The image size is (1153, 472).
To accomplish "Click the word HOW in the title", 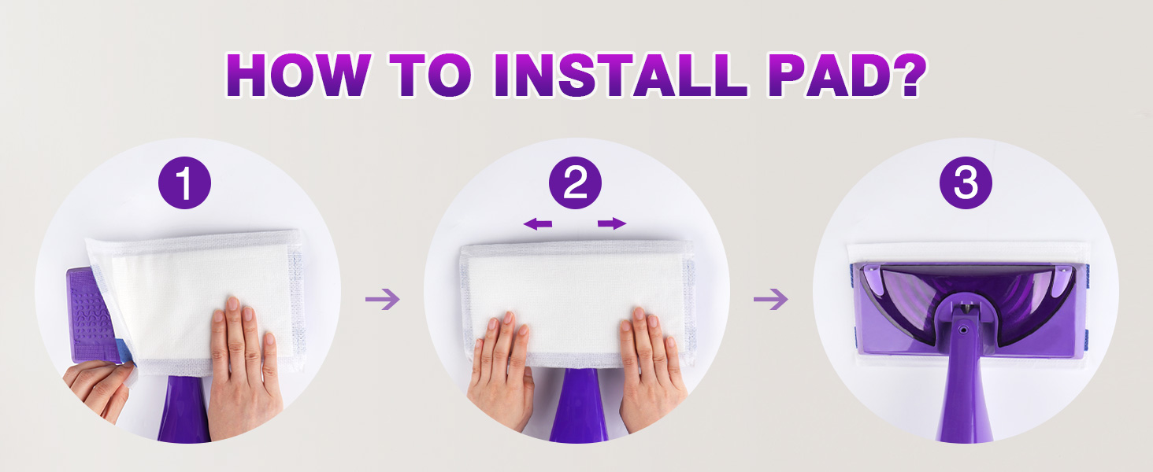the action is (x=298, y=76).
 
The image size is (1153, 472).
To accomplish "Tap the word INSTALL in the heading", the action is (x=621, y=76).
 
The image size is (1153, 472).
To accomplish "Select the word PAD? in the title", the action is (x=847, y=75).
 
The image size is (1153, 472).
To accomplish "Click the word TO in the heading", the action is (x=430, y=76).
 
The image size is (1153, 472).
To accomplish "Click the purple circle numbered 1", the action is (x=184, y=183).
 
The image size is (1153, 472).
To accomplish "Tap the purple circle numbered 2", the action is (x=575, y=183).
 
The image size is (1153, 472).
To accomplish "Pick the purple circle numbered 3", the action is (x=966, y=183).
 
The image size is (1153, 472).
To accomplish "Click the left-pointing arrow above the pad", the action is (x=537, y=223).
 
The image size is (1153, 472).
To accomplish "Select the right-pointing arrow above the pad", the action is (x=612, y=223).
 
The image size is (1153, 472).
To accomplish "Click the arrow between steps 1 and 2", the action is (x=383, y=299).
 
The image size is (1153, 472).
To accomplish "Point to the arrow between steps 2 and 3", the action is (x=770, y=299).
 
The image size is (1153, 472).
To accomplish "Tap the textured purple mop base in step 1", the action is (x=88, y=314).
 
